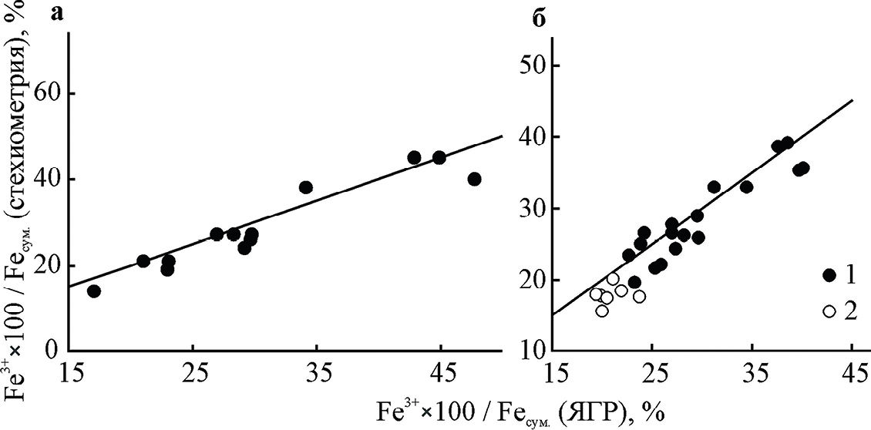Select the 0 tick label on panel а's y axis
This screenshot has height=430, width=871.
[x=52, y=351]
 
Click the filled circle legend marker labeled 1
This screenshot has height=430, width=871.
[x=829, y=274]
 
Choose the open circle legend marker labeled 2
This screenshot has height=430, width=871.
[x=829, y=311]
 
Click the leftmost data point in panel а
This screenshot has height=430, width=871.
[x=94, y=291]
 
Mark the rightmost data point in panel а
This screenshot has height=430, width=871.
[x=474, y=179]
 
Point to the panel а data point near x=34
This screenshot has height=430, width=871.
[x=306, y=187]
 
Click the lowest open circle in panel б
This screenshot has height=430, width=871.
[x=602, y=311]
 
